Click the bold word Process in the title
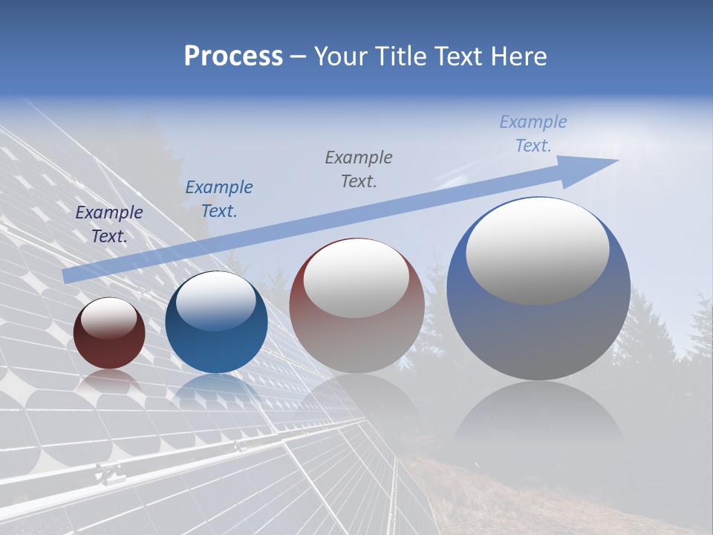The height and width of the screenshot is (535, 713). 233,56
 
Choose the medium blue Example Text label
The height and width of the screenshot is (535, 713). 219,199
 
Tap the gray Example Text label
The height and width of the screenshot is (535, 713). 359,169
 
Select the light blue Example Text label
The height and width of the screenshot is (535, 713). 533,134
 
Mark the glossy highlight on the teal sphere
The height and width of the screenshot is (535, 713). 216,301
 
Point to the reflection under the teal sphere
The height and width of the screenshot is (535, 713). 216,390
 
